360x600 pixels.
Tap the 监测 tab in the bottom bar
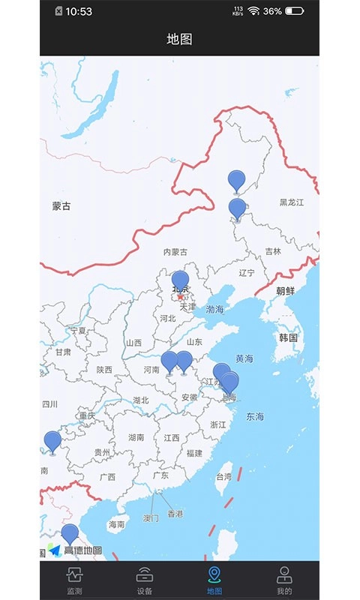(74, 581)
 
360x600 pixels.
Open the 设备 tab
(145, 581)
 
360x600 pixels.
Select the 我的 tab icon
(284, 581)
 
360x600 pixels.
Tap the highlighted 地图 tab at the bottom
(214, 581)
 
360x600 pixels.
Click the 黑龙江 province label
(293, 202)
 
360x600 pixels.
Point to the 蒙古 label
(61, 206)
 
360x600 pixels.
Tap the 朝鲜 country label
(286, 291)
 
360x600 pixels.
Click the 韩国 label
(289, 337)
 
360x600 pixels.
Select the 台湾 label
(223, 476)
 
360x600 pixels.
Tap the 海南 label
(116, 524)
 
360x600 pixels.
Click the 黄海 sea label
(244, 359)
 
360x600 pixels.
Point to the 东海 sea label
(255, 416)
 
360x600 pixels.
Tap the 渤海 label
(214, 309)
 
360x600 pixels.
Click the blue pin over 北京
(180, 281)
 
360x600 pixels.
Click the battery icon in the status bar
(295, 11)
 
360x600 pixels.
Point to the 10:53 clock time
(79, 11)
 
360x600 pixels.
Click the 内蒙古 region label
(175, 252)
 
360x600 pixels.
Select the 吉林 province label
(273, 252)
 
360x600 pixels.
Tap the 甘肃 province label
(63, 352)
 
